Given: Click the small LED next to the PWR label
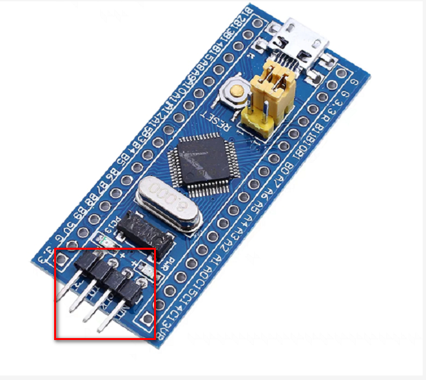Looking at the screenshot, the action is tap(146, 269).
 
